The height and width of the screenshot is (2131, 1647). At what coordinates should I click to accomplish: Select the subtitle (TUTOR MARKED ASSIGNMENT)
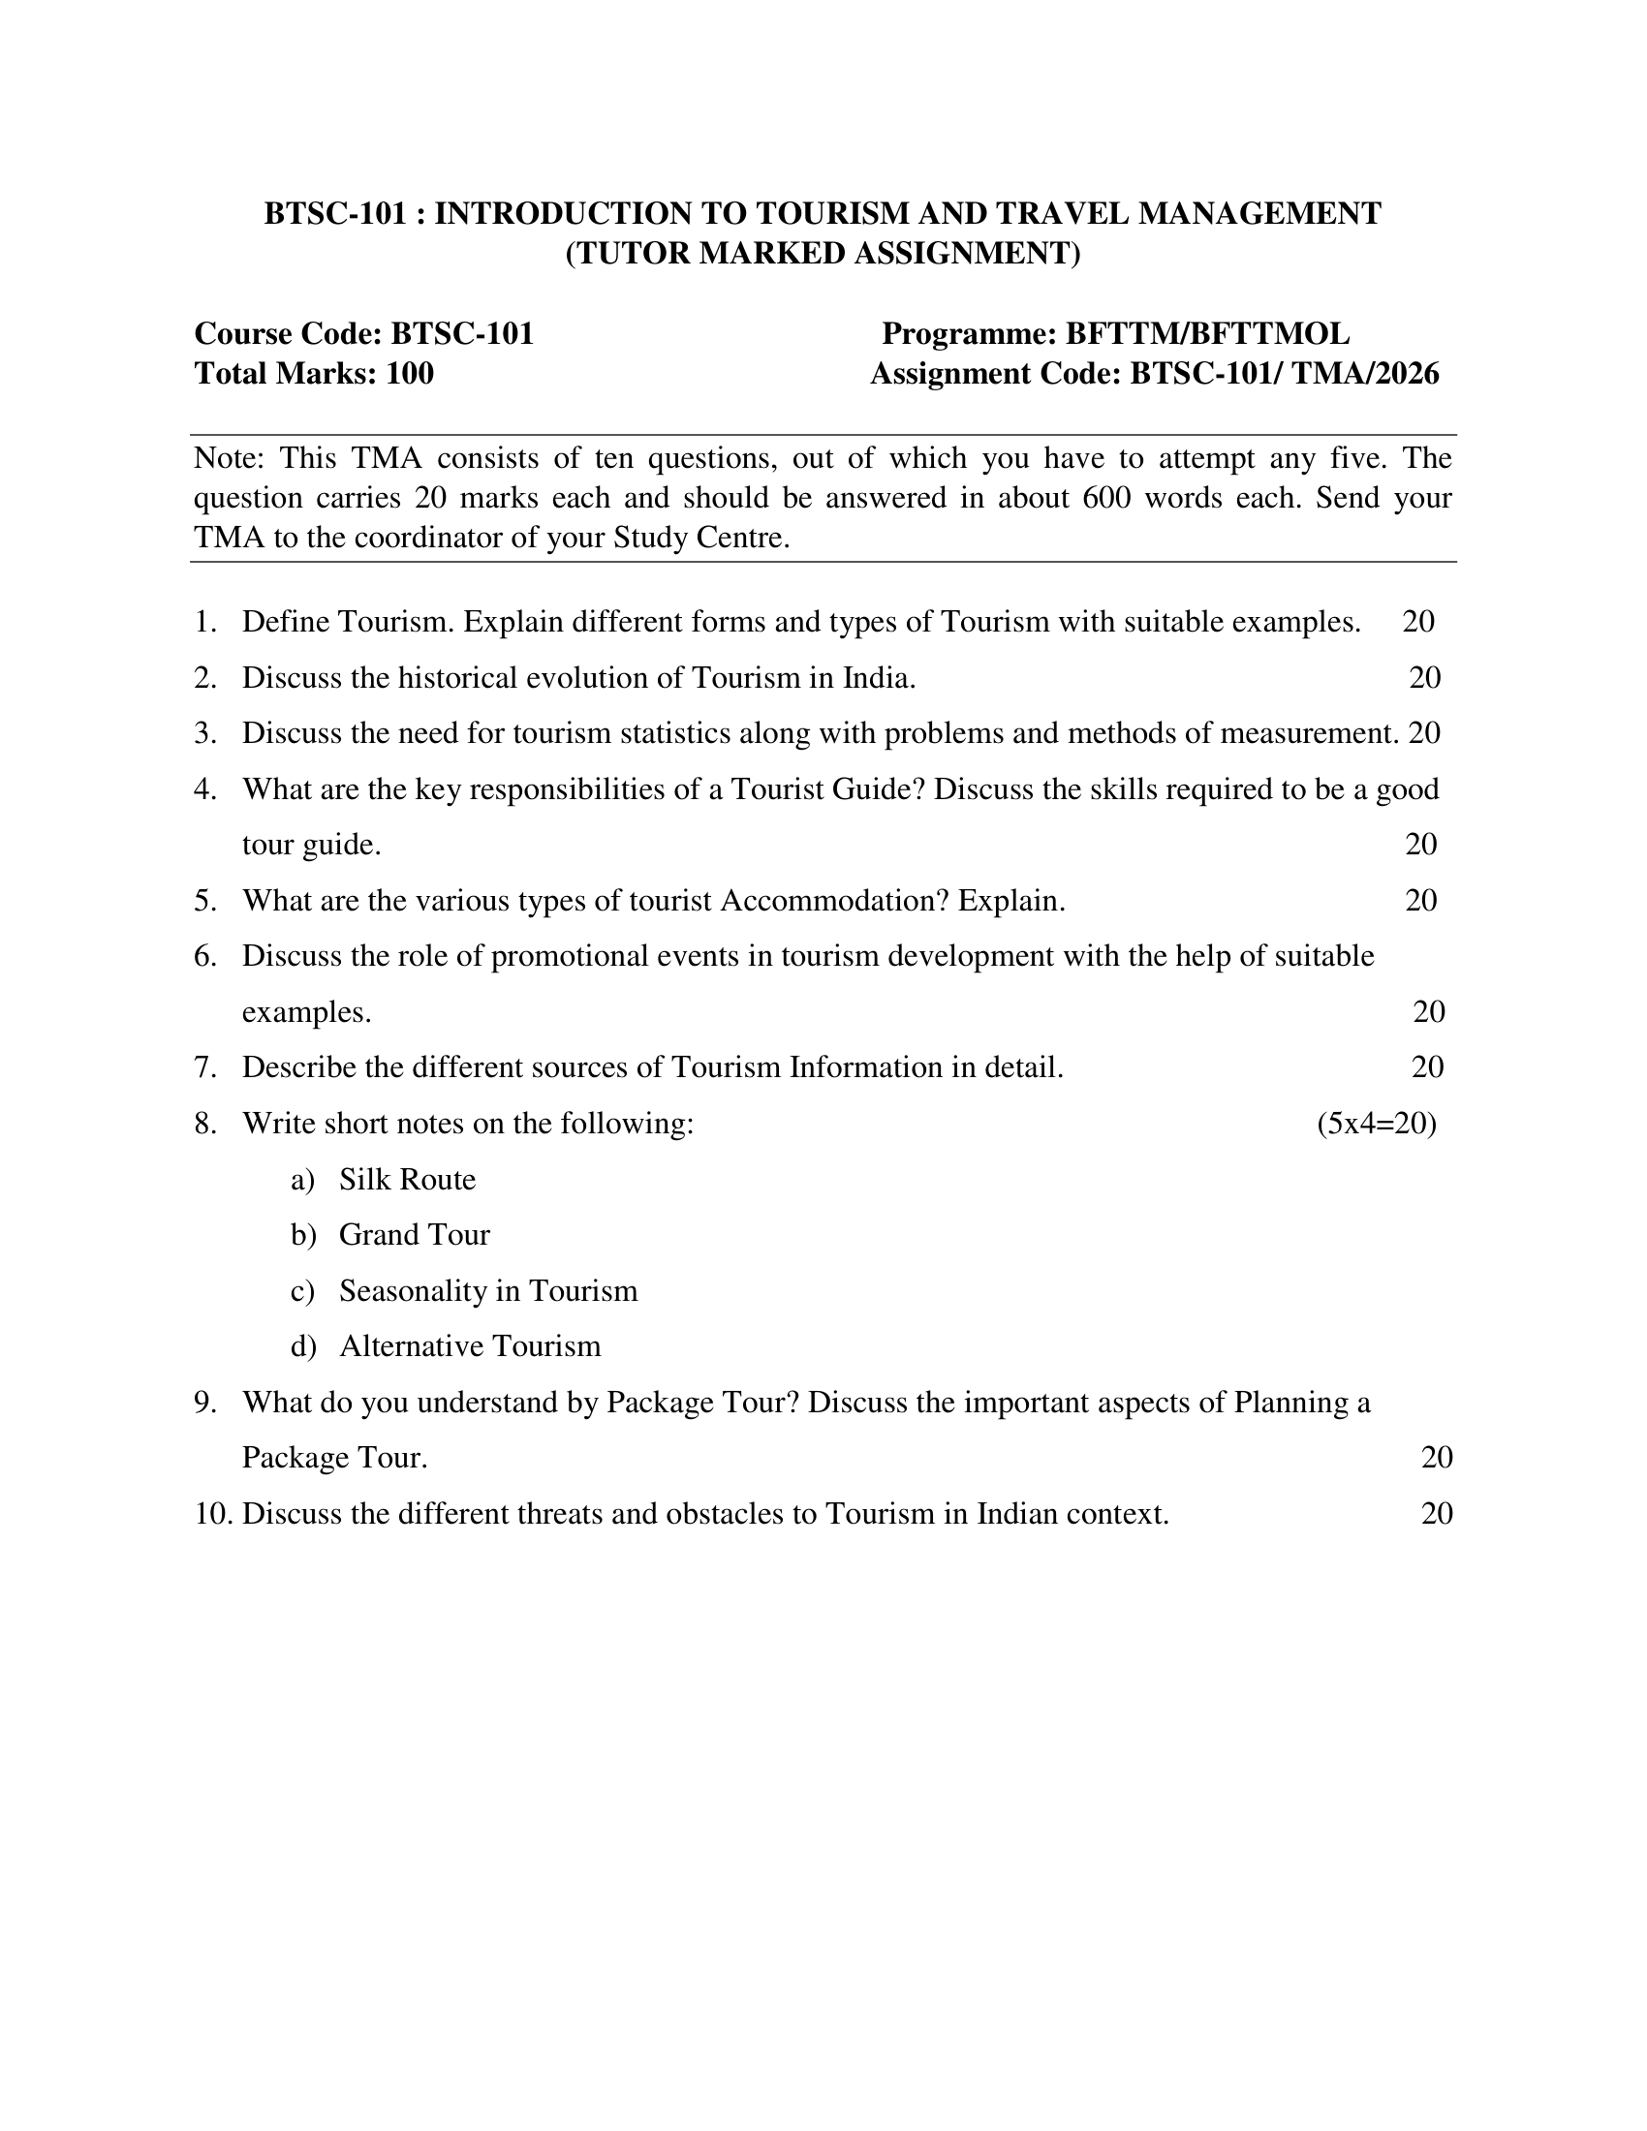click(823, 253)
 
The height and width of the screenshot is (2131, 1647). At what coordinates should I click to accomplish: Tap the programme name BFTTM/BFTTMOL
click(1207, 334)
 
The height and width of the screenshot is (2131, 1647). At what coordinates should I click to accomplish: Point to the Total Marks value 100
click(410, 374)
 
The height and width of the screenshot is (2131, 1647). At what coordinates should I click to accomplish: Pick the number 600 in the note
click(1106, 498)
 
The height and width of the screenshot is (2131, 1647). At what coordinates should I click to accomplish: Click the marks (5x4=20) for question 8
click(1376, 1123)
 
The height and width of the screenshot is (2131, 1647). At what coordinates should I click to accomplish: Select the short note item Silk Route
click(407, 1180)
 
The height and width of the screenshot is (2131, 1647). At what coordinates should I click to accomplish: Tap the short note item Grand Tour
click(414, 1235)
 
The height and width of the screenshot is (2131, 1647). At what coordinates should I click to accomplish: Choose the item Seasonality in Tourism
click(488, 1291)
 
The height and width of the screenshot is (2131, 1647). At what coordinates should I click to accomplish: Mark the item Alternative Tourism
click(469, 1346)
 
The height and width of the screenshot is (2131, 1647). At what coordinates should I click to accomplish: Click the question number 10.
click(212, 1513)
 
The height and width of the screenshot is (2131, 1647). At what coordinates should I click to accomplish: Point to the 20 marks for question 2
click(1424, 677)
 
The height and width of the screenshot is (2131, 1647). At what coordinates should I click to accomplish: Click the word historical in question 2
click(457, 677)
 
